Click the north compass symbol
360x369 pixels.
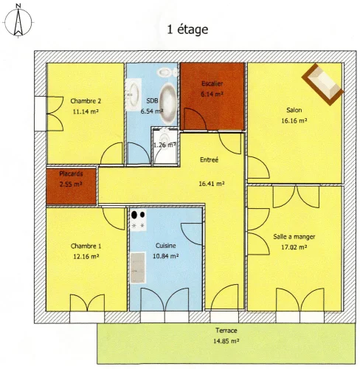18,21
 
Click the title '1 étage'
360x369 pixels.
187,30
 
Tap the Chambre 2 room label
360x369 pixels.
86,101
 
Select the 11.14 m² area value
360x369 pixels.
86,111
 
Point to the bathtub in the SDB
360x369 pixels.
167,103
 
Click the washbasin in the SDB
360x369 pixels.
133,94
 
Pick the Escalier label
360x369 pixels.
212,83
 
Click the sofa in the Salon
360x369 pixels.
322,84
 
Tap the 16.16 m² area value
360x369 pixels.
294,120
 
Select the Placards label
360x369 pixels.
71,173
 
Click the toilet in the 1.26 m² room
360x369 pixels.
164,139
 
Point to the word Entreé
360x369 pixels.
209,159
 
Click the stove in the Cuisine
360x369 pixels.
138,220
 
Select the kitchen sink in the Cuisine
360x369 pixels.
137,268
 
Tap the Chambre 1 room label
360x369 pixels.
86,246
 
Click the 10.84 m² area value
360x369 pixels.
166,256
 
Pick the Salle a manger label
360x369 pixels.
294,237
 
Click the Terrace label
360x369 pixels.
226,331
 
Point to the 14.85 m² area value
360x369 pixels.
226,341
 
